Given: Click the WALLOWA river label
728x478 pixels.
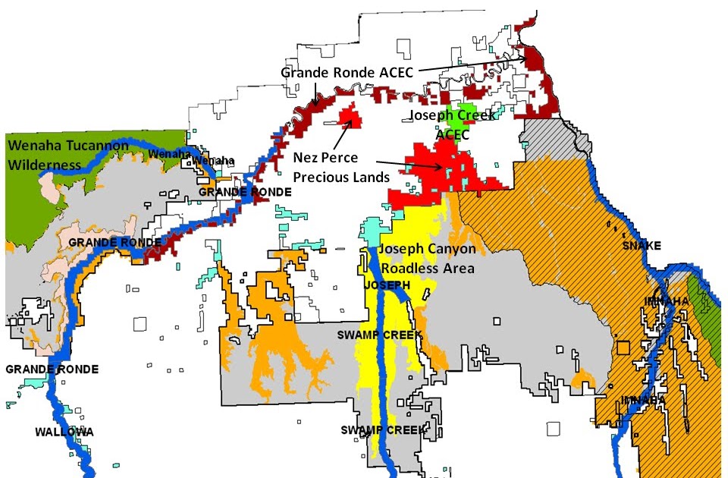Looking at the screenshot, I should tap(64, 432).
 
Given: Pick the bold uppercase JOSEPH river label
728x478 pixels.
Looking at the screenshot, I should tap(387, 285).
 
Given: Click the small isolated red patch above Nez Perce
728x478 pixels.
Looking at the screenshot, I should tap(350, 115).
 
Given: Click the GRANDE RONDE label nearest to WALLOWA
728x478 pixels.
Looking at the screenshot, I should tap(52, 370).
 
